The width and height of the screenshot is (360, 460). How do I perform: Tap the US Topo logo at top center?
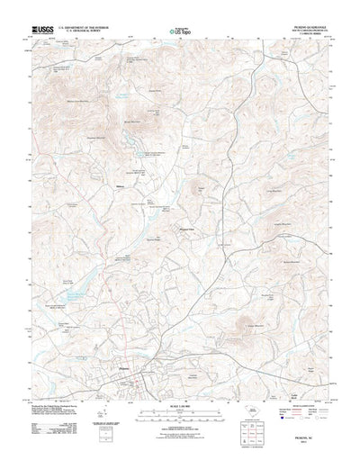[179, 32]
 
